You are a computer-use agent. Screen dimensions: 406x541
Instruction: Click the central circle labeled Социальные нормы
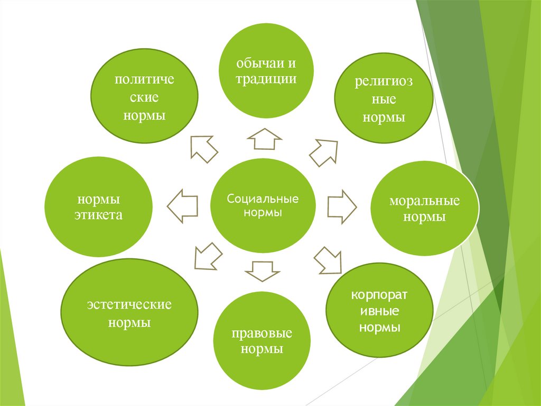click(263, 206)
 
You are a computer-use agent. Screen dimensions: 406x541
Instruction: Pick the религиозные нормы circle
click(384, 99)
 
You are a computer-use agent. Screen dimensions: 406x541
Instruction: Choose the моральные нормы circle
click(425, 208)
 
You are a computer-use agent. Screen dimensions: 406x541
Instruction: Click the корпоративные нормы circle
click(379, 311)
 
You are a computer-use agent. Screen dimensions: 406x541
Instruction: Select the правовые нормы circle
click(262, 341)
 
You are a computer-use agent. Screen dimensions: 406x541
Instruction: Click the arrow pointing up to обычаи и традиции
click(264, 139)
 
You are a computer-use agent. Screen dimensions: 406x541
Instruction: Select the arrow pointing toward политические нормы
click(203, 148)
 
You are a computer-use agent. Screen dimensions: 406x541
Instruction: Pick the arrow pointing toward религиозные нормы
click(323, 152)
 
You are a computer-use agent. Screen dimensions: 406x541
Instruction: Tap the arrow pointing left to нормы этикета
click(183, 205)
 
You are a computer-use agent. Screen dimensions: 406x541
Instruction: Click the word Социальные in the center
click(263, 200)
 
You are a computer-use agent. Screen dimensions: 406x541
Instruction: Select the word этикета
click(99, 215)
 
